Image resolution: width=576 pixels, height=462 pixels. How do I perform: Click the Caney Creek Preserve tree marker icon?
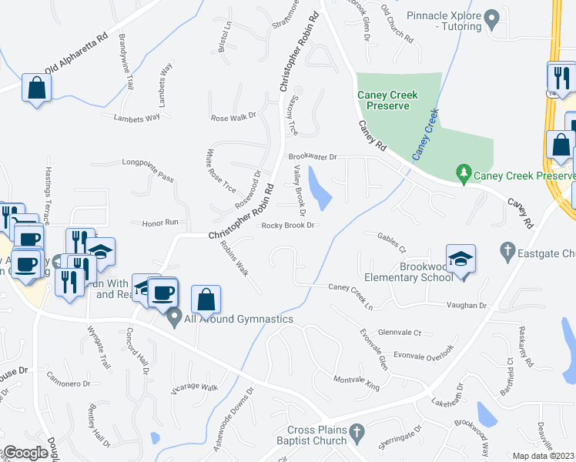[463, 175]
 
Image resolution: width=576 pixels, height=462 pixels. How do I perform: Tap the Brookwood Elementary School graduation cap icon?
[460, 259]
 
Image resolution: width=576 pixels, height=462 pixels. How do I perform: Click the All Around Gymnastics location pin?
[175, 316]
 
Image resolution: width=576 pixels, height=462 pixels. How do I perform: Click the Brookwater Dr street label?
[313, 156]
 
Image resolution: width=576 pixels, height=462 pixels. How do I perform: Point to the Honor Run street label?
[160, 223]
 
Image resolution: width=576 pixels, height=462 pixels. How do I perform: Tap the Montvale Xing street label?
[357, 381]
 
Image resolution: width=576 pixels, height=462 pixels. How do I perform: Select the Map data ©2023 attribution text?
[543, 456]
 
